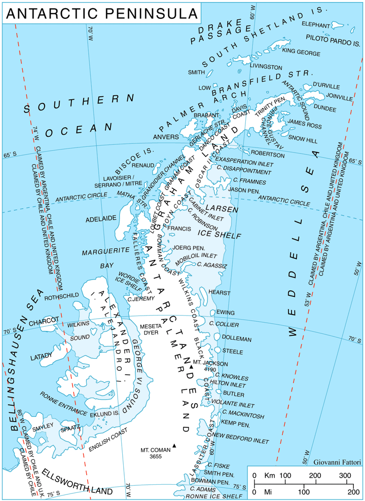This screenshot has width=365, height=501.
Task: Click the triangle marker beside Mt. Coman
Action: pyautogui.click(x=174, y=446)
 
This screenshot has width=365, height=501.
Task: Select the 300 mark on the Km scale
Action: pyautogui.click(x=345, y=476)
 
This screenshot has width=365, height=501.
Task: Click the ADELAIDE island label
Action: pyautogui.click(x=101, y=218)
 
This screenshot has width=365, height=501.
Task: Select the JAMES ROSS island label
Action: pyautogui.click(x=305, y=122)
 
